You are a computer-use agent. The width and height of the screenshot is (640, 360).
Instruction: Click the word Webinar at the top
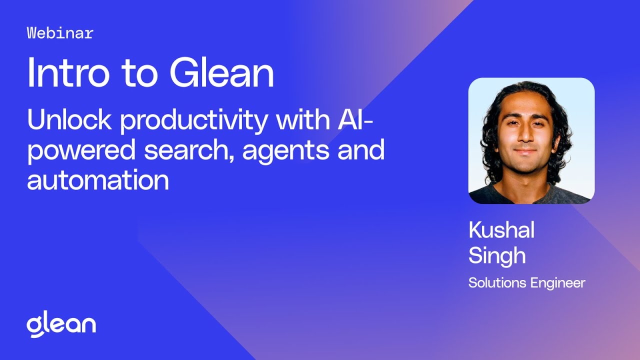(x=60, y=33)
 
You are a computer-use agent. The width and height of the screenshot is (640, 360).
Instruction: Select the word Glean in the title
(x=221, y=72)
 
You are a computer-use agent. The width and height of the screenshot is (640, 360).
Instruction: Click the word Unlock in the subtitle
(x=68, y=121)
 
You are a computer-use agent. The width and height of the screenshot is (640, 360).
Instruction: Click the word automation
(x=98, y=180)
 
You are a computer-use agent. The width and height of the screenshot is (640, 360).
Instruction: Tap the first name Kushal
(x=501, y=230)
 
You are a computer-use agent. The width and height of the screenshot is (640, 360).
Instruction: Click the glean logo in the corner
(x=61, y=325)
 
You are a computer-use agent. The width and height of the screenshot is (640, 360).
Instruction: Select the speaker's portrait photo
(x=531, y=140)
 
